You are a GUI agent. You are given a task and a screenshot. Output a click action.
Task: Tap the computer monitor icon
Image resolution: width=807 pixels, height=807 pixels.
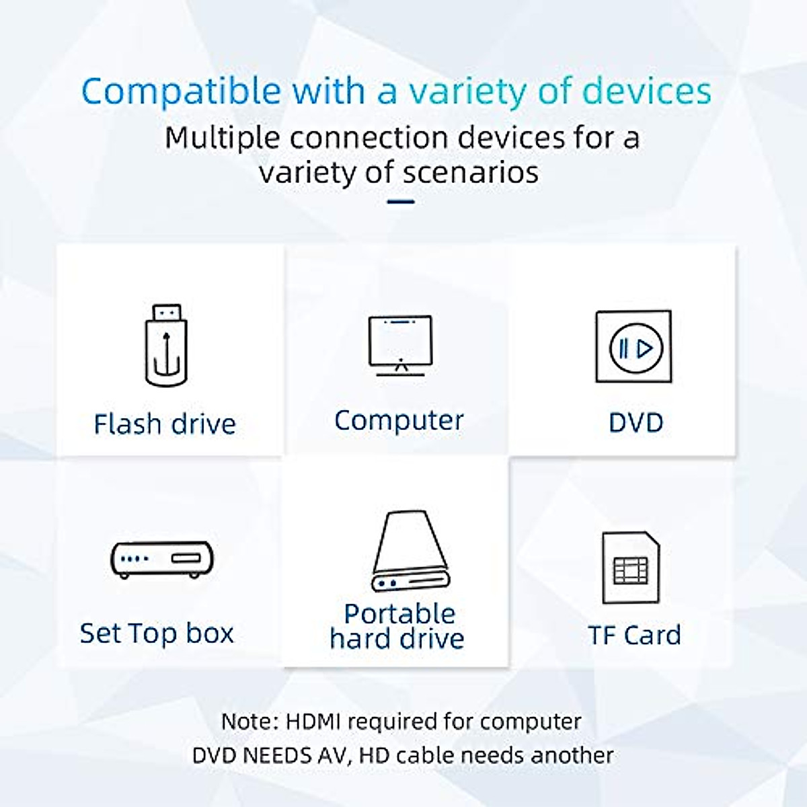point(400,345)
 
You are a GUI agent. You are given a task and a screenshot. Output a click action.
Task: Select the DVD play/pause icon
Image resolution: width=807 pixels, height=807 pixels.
point(633,347)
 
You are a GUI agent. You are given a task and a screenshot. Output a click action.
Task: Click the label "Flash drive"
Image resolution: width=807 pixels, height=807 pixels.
point(165,424)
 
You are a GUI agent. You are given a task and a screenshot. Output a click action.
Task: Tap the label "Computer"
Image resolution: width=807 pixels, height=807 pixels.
point(399,421)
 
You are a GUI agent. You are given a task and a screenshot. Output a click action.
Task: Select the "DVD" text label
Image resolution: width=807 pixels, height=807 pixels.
point(636,423)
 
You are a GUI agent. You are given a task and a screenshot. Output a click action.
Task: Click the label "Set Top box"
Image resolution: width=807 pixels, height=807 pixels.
point(157,633)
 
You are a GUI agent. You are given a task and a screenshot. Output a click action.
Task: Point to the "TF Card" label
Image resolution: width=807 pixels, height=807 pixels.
point(634,635)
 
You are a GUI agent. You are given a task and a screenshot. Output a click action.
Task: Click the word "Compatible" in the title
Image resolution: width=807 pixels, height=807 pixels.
point(181,91)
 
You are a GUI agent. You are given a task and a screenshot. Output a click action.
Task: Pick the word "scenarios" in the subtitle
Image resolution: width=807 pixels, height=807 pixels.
point(471,173)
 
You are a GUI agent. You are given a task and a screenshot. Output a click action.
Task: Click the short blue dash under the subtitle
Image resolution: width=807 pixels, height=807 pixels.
point(401,201)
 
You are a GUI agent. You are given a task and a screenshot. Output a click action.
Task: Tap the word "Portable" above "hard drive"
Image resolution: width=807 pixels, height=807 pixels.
point(399,613)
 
